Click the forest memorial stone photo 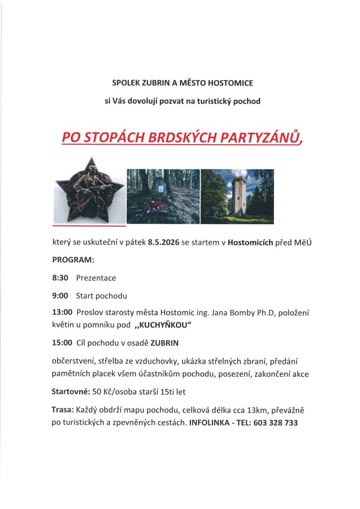(x=163, y=196)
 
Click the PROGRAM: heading (x=73, y=260)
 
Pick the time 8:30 (x=60, y=278)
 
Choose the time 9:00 (x=60, y=296)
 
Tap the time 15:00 (x=62, y=343)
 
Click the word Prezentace (x=96, y=278)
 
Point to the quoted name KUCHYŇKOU (x=164, y=326)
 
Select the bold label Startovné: (x=71, y=392)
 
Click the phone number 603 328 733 (x=275, y=423)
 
